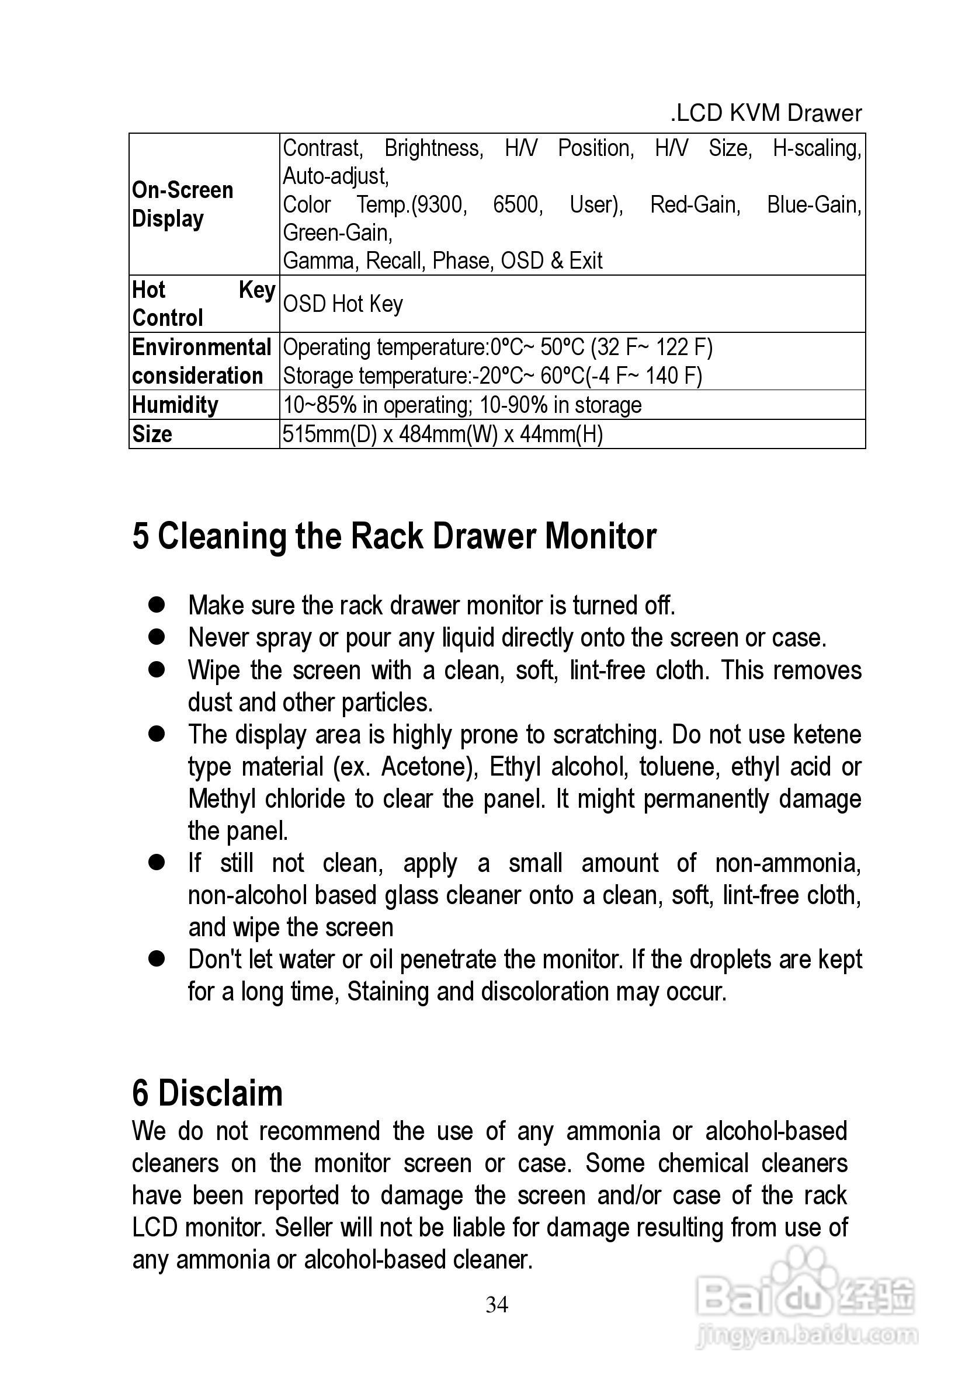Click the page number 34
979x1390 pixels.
point(497,1304)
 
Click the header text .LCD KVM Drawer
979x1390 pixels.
point(766,113)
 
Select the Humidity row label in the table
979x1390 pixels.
point(175,404)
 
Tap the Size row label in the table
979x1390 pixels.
point(152,434)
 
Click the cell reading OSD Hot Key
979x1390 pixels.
point(343,304)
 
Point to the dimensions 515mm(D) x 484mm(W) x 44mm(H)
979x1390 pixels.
point(443,434)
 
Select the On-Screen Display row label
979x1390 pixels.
point(182,204)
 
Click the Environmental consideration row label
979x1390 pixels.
point(202,361)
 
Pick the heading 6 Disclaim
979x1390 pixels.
point(207,1093)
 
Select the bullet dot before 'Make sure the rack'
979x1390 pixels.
point(157,605)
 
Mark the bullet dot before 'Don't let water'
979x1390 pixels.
point(157,959)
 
